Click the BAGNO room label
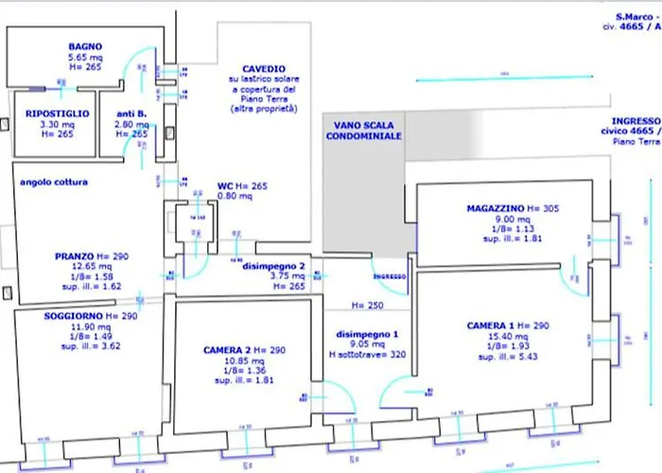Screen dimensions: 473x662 [x=84, y=46]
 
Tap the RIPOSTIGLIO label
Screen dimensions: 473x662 [x=57, y=113]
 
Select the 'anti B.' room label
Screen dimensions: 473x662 [x=130, y=113]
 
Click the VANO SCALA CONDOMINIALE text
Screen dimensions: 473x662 [x=364, y=131]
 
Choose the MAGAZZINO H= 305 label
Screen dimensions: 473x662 [x=515, y=207]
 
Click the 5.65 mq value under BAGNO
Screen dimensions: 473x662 [x=84, y=57]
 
